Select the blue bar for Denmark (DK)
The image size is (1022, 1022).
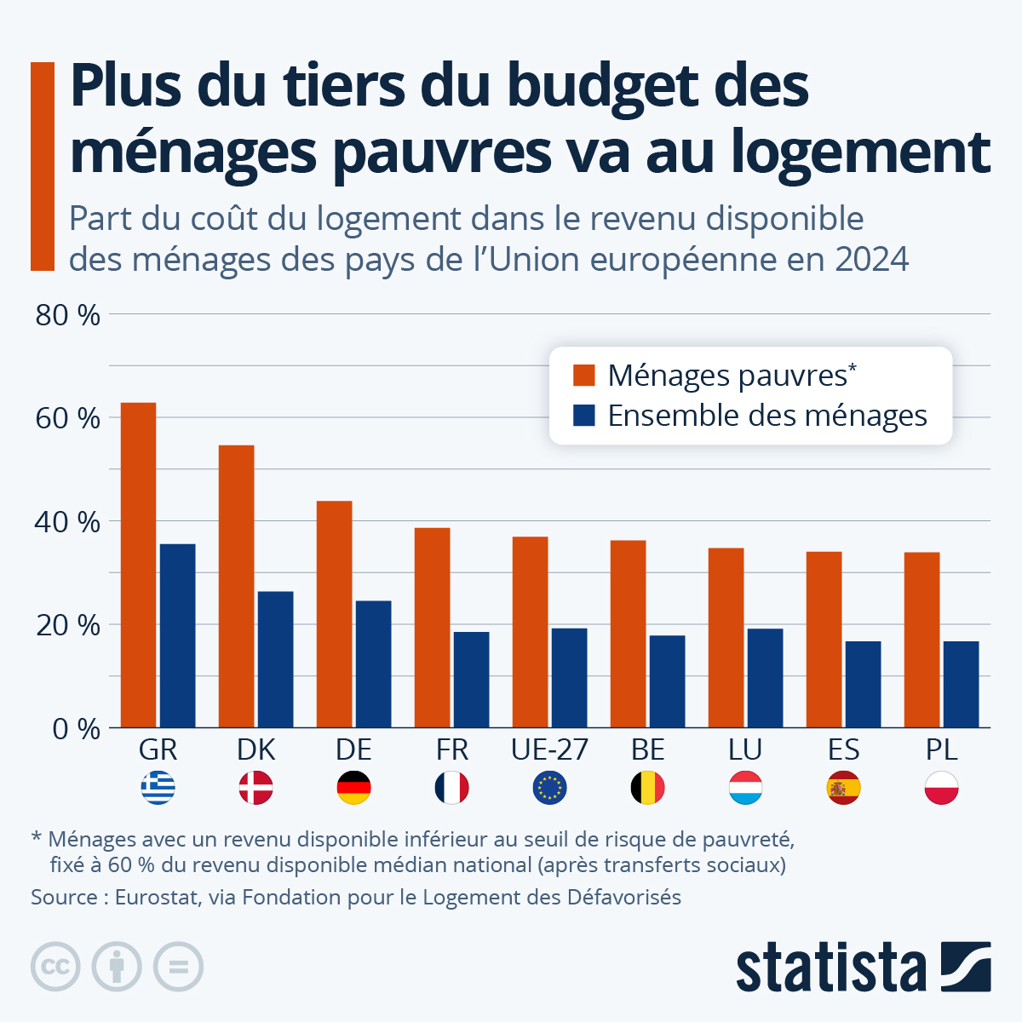tap(275, 659)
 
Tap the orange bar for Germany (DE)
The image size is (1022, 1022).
tap(334, 614)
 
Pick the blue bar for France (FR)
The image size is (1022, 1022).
tap(471, 680)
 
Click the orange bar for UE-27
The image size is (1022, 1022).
tap(530, 632)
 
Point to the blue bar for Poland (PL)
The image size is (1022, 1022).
tap(961, 684)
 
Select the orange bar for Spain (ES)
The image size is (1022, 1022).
tap(824, 640)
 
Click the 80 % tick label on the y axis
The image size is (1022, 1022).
tap(67, 315)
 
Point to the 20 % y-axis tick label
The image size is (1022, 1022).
tap(67, 625)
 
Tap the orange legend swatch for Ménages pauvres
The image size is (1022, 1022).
tap(584, 375)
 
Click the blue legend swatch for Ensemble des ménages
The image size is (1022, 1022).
tap(584, 416)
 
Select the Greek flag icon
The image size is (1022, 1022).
tap(158, 788)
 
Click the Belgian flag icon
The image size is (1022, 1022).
tap(647, 788)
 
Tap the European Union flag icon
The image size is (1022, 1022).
tap(549, 788)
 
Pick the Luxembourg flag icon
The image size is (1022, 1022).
tap(745, 788)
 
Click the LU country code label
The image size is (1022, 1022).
tap(745, 749)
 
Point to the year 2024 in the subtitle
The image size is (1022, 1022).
tap(871, 259)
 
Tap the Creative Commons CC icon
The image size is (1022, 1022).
tap(55, 967)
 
